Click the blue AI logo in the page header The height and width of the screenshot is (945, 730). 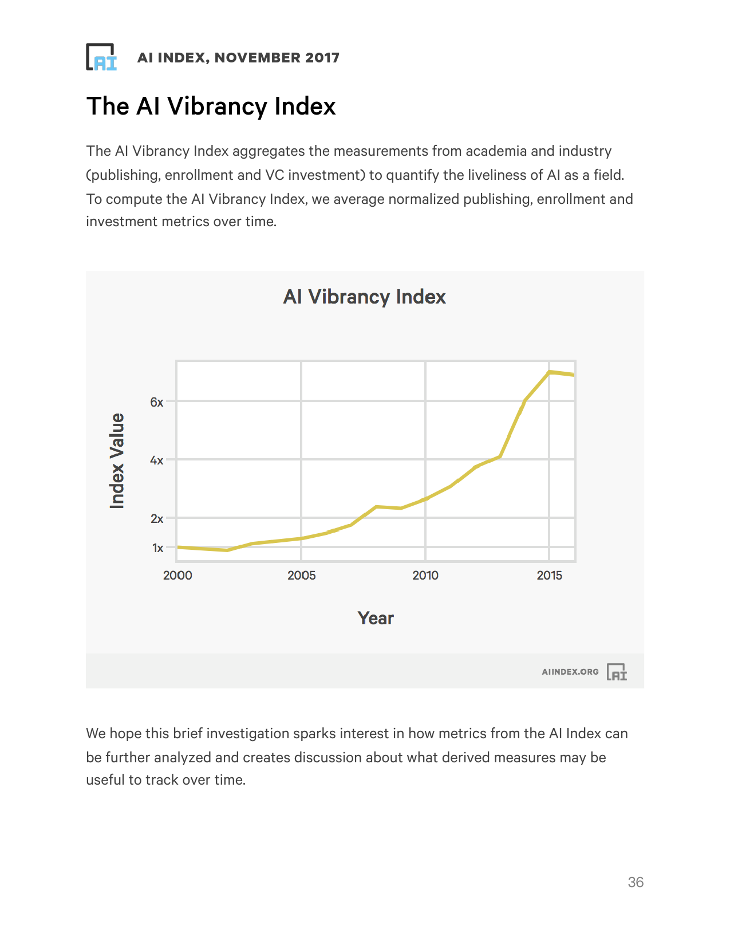[x=101, y=57]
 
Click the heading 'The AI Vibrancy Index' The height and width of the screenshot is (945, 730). [x=211, y=107]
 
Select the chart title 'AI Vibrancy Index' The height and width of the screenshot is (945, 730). [x=364, y=297]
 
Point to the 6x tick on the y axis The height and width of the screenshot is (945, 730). [x=157, y=402]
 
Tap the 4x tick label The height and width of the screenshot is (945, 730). [x=157, y=460]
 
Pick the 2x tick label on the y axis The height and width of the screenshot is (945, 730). [x=157, y=518]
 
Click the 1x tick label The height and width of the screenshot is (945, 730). [x=157, y=548]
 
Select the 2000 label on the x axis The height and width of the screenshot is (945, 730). [x=177, y=575]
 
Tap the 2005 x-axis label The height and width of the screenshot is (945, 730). [x=302, y=575]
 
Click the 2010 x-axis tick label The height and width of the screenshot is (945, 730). [x=425, y=575]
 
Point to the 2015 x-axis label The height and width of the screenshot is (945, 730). [x=550, y=575]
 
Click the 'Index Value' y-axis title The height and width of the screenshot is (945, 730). [x=117, y=460]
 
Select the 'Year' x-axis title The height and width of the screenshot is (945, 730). [x=376, y=618]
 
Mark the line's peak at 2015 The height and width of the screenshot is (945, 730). [x=550, y=372]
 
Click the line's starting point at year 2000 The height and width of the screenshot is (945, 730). [x=178, y=547]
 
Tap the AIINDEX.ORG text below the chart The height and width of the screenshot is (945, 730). [x=570, y=672]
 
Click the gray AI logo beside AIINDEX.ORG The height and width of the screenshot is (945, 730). [x=617, y=672]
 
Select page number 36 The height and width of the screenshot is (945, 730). [x=636, y=882]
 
